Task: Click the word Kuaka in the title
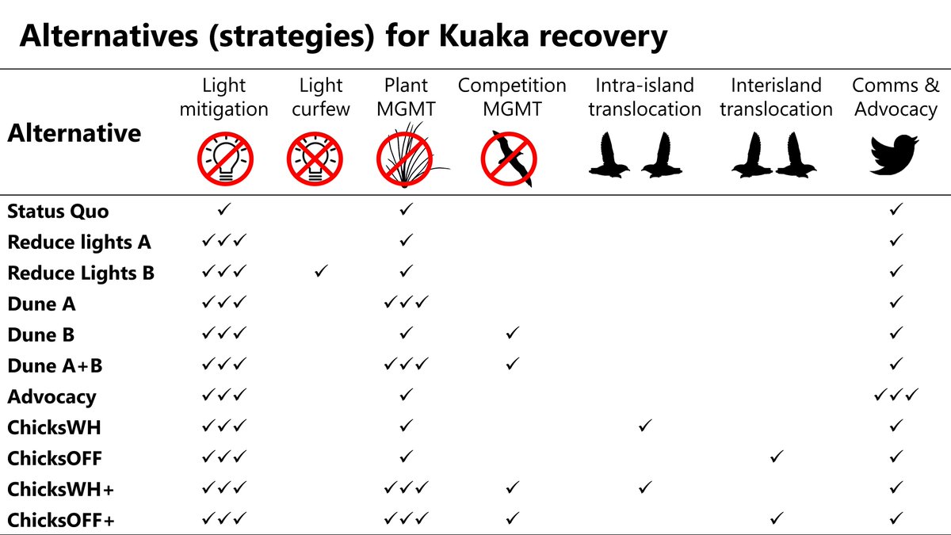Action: pos(484,36)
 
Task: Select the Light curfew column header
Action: pos(320,97)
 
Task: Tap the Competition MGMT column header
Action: pos(512,97)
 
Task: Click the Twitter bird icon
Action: pos(895,155)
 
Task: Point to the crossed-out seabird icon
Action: pos(509,159)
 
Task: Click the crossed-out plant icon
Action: pos(406,158)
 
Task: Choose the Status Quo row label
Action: pos(58,211)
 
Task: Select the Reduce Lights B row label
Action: pos(81,273)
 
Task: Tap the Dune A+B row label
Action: pos(55,365)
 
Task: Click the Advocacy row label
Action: pos(52,397)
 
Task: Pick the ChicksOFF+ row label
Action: pos(61,520)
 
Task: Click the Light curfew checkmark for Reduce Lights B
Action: pos(321,271)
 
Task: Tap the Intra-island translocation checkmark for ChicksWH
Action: pos(645,426)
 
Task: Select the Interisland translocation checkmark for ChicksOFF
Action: pos(777,457)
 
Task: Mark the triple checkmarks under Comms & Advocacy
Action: pos(896,395)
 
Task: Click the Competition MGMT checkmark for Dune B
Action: pos(513,333)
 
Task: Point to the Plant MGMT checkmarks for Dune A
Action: pos(407,302)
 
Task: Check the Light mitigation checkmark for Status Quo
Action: pos(224,209)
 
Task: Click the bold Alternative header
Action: pos(74,133)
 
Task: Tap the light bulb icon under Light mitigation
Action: pos(225,159)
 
